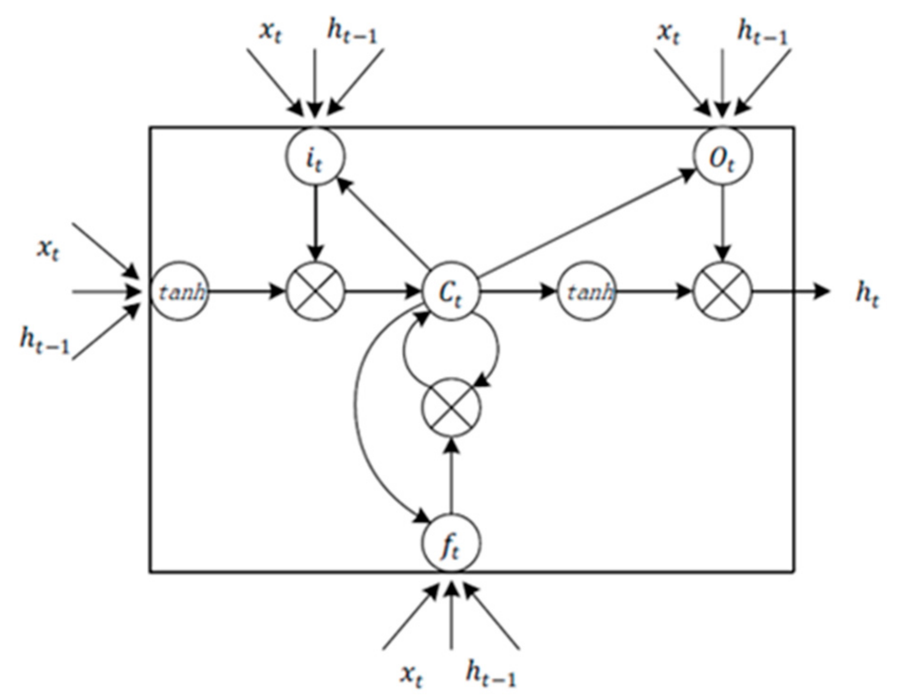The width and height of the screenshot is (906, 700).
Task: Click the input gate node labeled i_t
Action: click(x=315, y=157)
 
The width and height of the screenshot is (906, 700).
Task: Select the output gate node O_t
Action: click(x=722, y=157)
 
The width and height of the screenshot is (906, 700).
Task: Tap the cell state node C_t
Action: click(x=451, y=292)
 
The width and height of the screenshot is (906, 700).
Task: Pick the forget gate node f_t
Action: click(x=451, y=544)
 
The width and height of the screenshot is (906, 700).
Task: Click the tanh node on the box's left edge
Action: click(x=180, y=292)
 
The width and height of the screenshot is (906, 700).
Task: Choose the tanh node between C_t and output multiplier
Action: click(x=587, y=292)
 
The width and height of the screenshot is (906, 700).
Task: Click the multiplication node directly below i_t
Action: click(x=315, y=292)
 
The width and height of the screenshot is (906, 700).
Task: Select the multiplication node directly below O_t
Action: click(x=722, y=292)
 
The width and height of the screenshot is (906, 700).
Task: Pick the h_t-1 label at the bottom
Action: click(x=491, y=674)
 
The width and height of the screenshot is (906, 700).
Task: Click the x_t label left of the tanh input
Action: click(x=48, y=249)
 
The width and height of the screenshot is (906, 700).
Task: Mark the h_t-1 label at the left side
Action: click(x=44, y=341)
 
